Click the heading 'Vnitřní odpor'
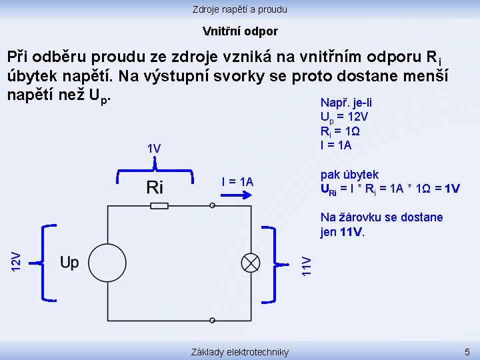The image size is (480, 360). tap(240, 31)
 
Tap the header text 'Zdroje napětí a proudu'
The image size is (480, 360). tap(240, 9)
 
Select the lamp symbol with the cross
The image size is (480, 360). tap(251, 263)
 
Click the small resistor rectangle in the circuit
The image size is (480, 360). tap(159, 206)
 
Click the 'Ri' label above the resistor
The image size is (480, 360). tap(155, 187)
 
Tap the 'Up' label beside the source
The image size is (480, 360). tap(69, 263)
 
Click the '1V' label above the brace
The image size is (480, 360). tap(154, 148)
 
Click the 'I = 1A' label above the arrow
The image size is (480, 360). tap(237, 182)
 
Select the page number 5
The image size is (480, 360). tap(467, 351)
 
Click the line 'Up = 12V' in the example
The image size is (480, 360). tap(345, 117)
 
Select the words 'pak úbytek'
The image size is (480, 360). tap(349, 175)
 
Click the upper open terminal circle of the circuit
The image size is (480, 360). tap(212, 206)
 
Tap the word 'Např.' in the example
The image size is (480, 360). tap(333, 103)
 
